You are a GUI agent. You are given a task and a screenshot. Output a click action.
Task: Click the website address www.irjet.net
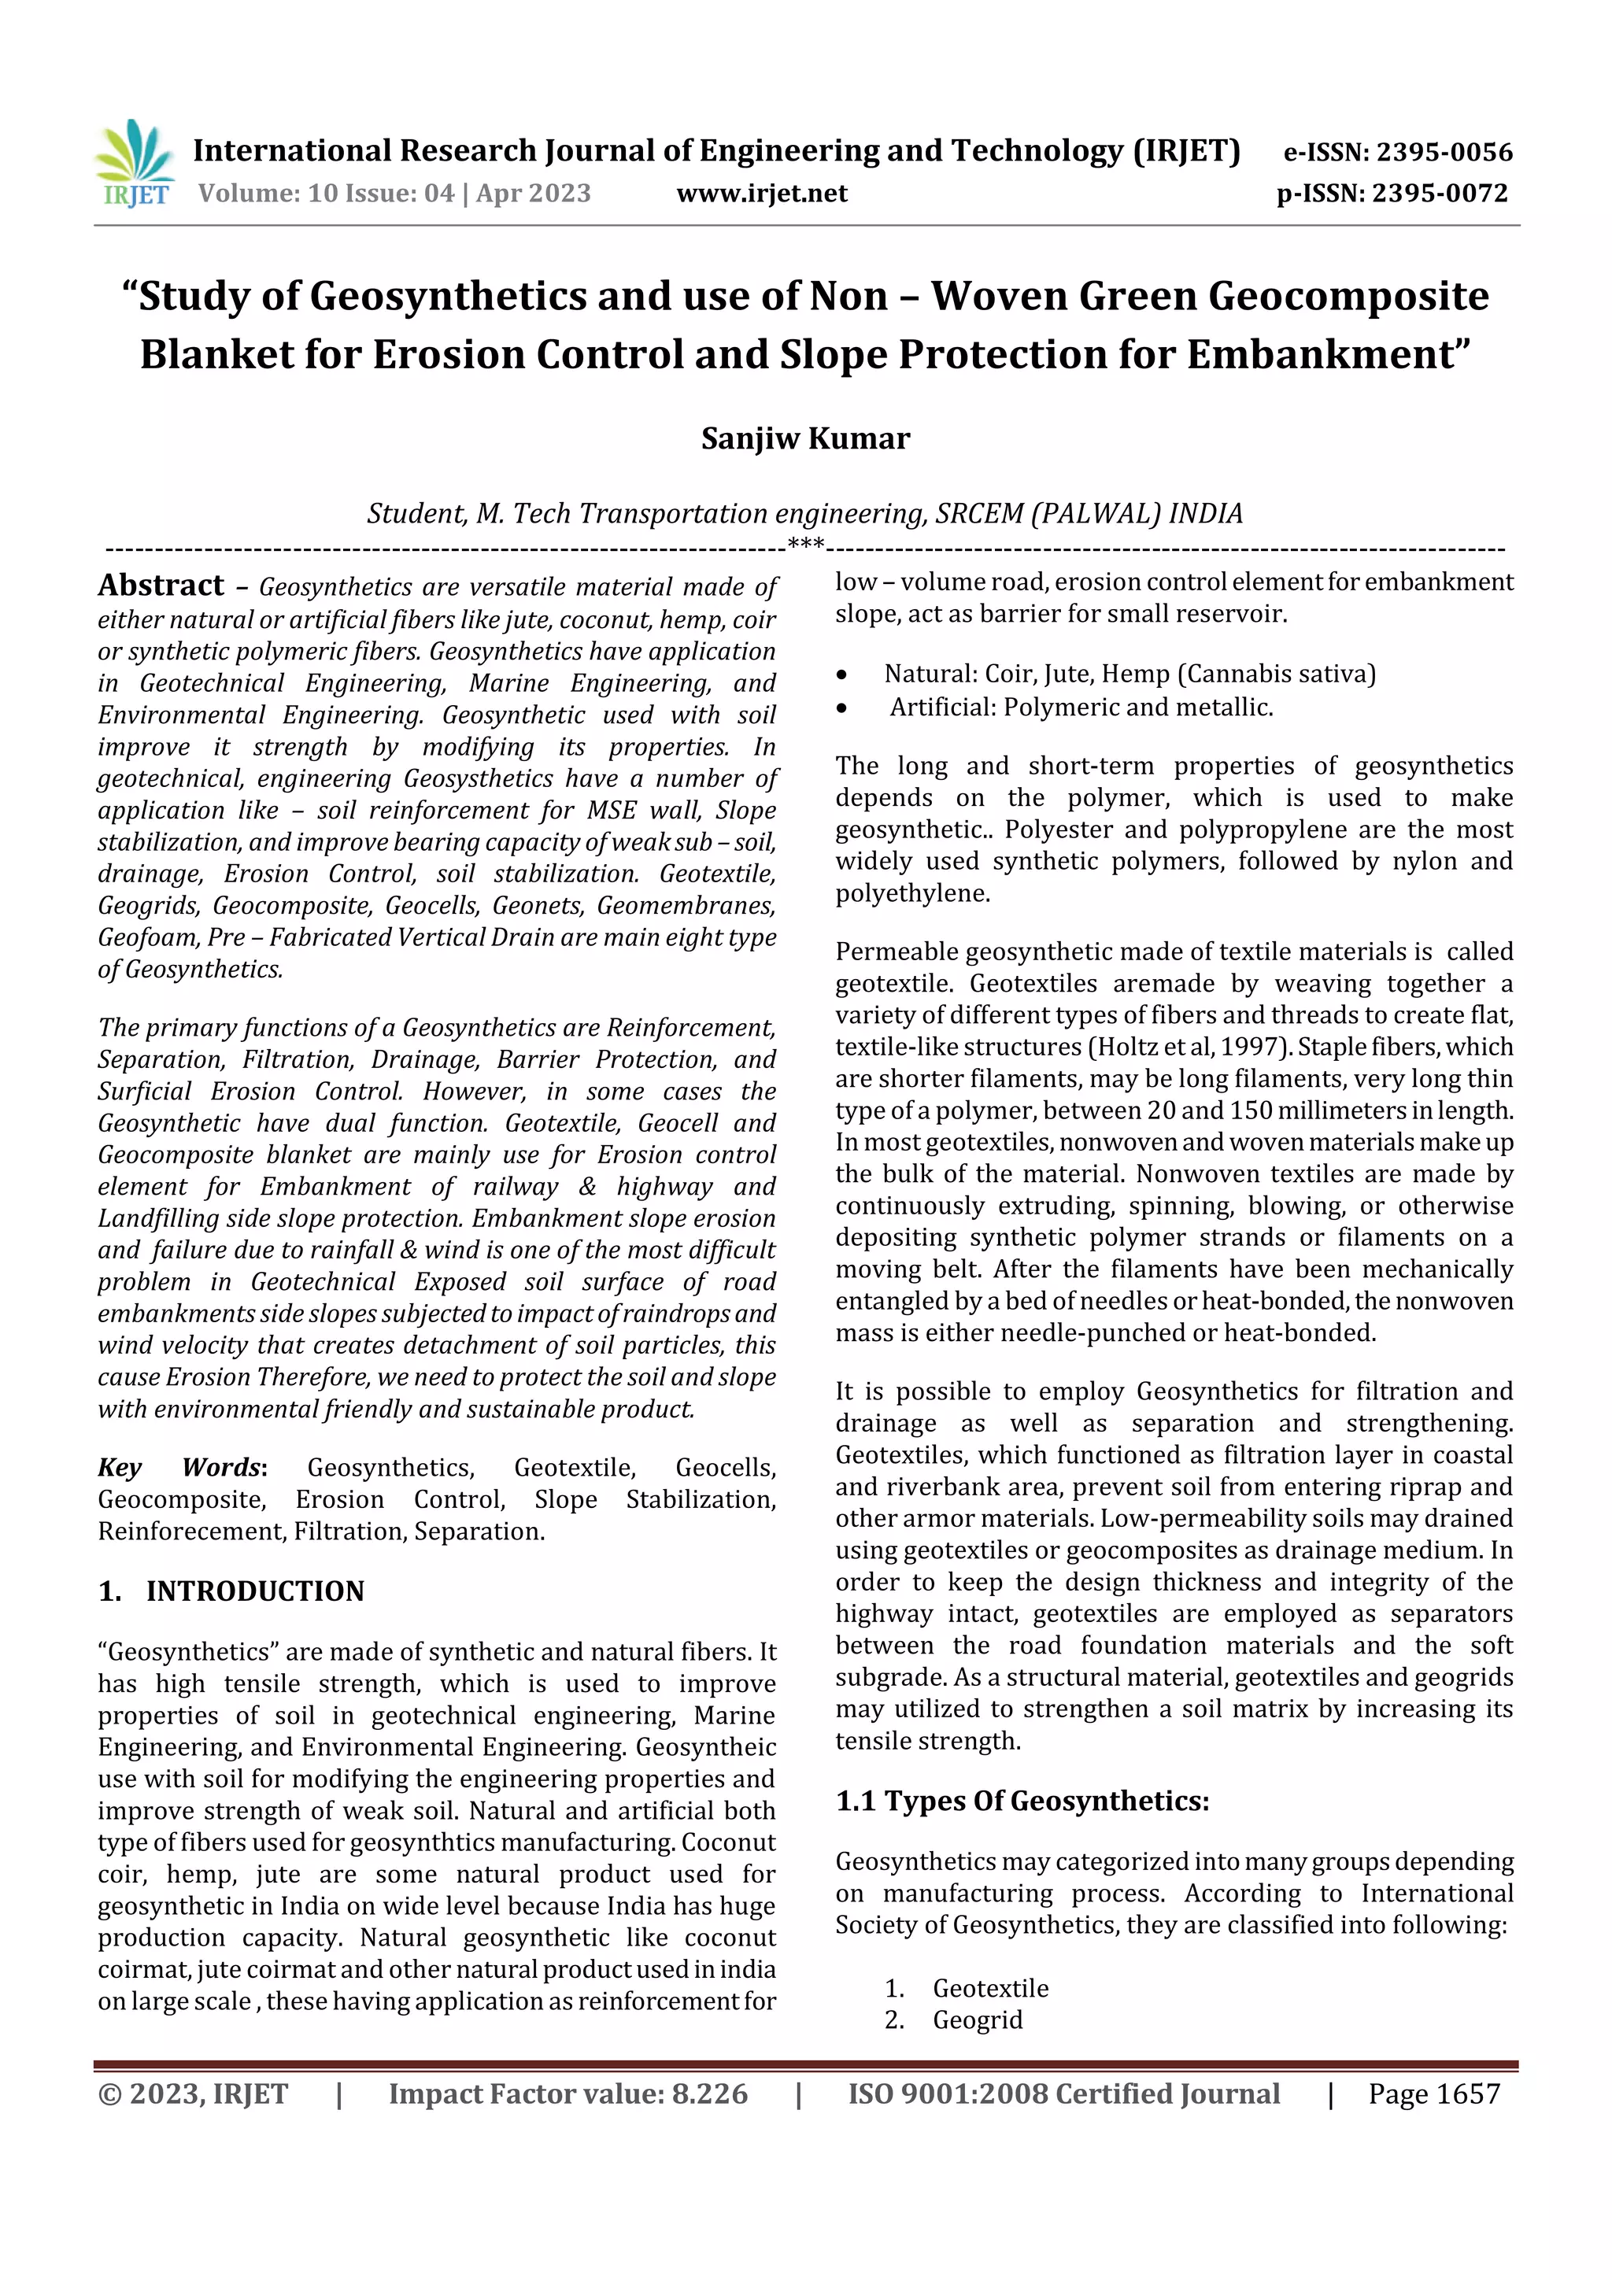(762, 194)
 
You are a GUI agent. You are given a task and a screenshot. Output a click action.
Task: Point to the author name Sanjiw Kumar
(804, 439)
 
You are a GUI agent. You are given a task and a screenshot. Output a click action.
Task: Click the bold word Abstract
(161, 586)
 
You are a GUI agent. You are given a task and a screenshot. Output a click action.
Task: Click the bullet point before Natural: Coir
(842, 675)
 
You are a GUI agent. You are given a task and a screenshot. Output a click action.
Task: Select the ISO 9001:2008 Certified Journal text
(1063, 2095)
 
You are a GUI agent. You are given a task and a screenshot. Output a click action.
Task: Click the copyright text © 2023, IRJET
(193, 2095)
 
